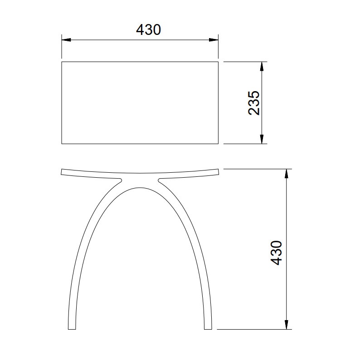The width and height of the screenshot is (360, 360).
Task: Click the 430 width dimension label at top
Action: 148,29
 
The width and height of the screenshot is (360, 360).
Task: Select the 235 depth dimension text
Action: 254,103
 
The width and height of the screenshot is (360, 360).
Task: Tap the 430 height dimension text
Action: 276,253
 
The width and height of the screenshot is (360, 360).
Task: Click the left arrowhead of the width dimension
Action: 66,40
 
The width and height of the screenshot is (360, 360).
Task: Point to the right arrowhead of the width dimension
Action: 214,40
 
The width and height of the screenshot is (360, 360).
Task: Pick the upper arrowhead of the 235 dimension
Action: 262,67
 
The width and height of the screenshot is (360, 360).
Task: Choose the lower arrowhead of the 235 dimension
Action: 262,139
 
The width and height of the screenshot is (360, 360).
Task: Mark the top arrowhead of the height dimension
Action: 286,174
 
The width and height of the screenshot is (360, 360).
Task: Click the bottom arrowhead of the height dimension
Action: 286,325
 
